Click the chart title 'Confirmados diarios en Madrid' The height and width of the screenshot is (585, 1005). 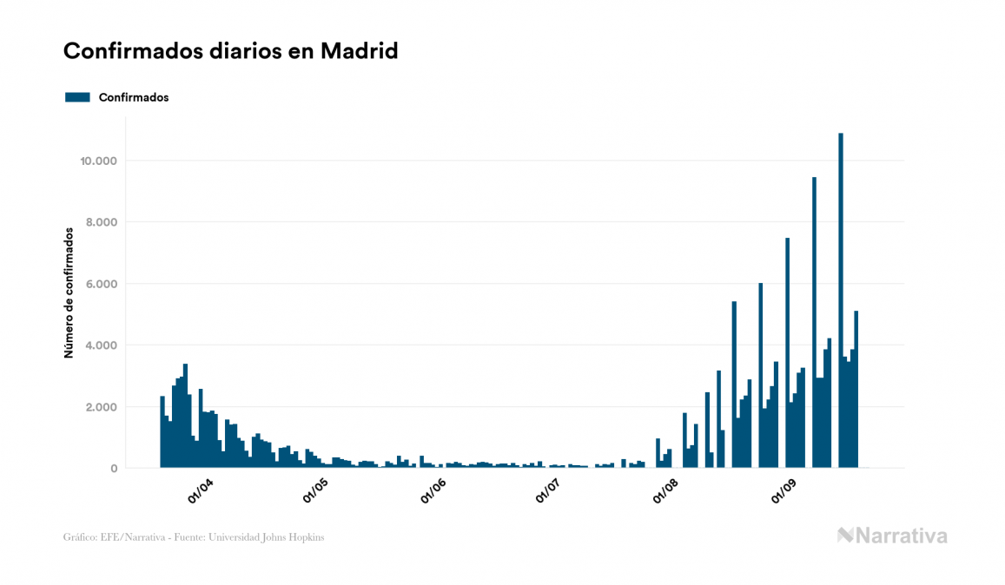(x=230, y=51)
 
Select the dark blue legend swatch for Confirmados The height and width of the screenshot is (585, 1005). (x=77, y=97)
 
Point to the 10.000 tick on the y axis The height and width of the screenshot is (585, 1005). (x=98, y=161)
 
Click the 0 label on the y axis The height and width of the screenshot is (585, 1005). (x=113, y=469)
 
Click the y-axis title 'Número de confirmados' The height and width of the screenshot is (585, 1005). (x=69, y=292)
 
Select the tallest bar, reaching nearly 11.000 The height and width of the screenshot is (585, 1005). (x=841, y=304)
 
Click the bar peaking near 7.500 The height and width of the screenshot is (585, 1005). (x=787, y=356)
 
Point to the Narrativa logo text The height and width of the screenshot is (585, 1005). (x=901, y=536)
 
